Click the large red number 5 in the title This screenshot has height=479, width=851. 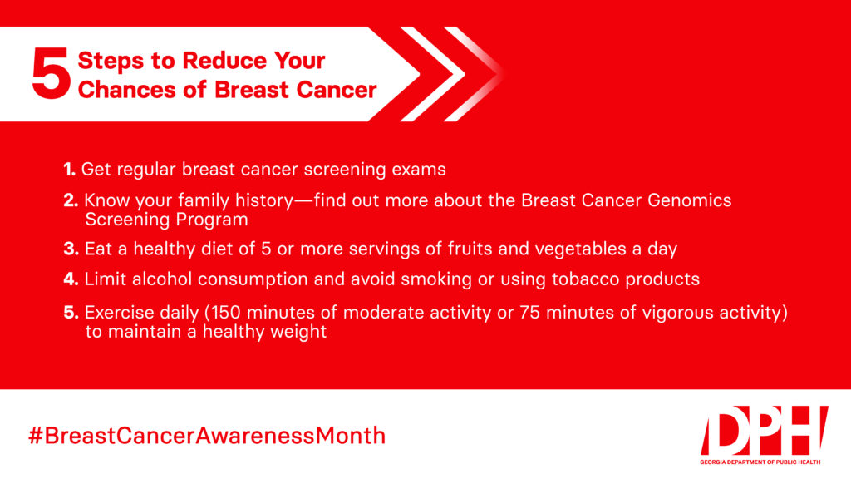coord(51,73)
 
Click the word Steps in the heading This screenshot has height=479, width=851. coord(111,61)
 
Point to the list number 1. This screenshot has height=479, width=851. coord(69,170)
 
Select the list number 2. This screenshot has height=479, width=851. coord(71,200)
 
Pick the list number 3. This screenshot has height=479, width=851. coord(71,249)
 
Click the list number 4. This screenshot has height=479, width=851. coord(71,279)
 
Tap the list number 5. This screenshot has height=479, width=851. coord(71,313)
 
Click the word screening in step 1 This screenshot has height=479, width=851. coord(345,170)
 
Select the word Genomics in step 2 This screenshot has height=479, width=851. coord(689,200)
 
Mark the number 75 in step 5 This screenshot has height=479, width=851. coord(529,313)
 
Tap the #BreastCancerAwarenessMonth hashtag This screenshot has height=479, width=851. coord(207,436)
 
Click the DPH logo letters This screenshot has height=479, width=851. coord(765,430)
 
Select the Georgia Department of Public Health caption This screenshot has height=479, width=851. coord(760,462)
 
